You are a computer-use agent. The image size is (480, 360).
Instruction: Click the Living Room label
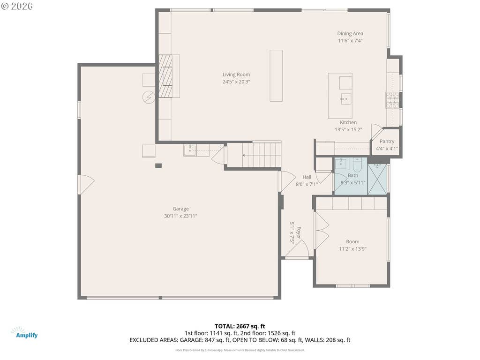[x=236, y=75]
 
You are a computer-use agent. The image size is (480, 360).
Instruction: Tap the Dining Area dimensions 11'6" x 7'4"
[x=350, y=41]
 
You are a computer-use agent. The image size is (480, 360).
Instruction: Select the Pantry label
[x=387, y=142]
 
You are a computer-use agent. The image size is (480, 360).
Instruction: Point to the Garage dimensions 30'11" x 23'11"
[x=180, y=216]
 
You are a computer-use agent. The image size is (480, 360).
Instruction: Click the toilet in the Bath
[x=357, y=165]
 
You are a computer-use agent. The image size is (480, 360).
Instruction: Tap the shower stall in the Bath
[x=377, y=179]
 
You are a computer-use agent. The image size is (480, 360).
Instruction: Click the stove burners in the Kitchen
[x=392, y=100]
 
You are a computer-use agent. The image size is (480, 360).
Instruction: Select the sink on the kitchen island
[x=346, y=99]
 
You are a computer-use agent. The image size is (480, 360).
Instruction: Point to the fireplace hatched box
[x=165, y=76]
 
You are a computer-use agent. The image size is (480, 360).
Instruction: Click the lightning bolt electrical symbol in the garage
[x=149, y=97]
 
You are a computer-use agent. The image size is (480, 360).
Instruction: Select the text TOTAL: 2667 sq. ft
[x=240, y=326]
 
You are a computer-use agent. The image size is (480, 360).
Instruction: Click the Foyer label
[x=299, y=232]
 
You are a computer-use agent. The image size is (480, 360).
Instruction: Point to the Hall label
[x=307, y=177]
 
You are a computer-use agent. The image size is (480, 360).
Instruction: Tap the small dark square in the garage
[x=158, y=165]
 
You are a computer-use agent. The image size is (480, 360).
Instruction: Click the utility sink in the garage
[x=190, y=150]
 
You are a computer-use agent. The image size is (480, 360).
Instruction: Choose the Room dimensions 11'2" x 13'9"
[x=352, y=249]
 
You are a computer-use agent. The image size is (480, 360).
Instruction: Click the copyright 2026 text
[x=17, y=6]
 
